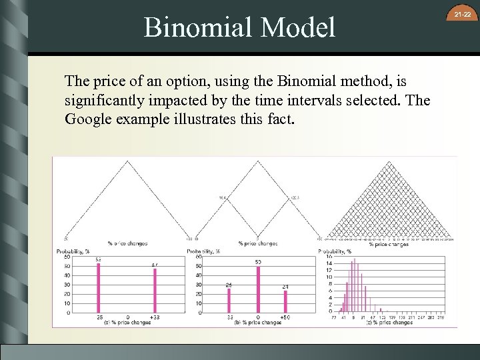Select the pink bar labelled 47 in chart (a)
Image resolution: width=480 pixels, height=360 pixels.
point(155,290)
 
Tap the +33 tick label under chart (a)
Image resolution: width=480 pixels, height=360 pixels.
point(155,318)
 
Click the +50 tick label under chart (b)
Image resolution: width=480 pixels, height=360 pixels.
point(285,318)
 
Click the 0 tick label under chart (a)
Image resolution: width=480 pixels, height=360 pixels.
point(127,318)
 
